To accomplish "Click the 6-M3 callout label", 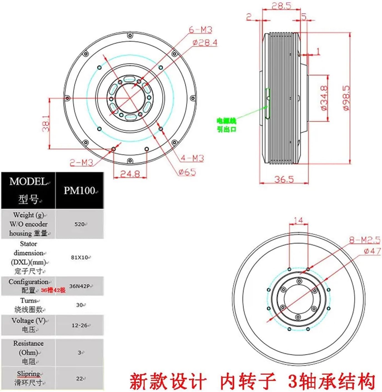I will coord(200,30).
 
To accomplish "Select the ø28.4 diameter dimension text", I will coord(205,42).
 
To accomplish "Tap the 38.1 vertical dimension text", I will coord(46,123).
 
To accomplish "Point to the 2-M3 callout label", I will coord(81,162).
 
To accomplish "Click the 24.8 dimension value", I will coord(130,174).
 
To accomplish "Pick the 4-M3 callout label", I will coord(192,158).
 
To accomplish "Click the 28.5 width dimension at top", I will coord(281,6).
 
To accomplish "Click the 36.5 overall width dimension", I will coord(284,179).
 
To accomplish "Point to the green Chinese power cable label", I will coord(227,125).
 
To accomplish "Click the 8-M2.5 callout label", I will coord(365,240).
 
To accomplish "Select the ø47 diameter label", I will coord(372,251).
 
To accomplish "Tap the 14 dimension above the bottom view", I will coord(298,220).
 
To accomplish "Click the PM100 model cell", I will coord(80,190).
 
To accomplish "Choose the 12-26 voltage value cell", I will coord(80,325).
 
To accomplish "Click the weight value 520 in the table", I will coord(80,224).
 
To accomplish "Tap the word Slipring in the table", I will coord(28,374).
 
